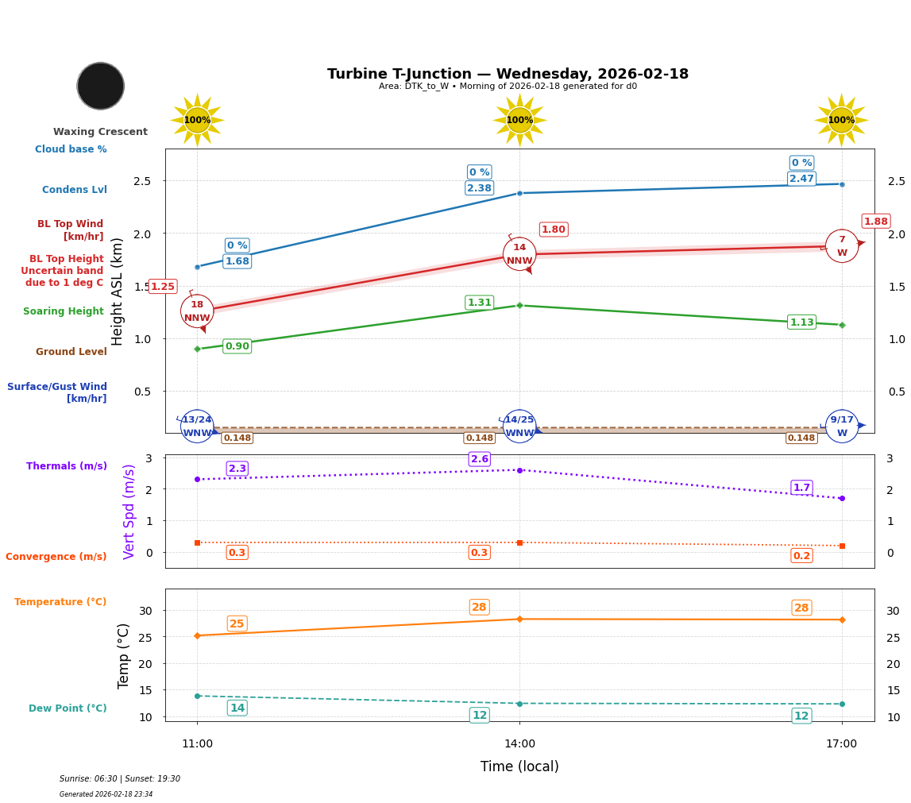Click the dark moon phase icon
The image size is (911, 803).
101,86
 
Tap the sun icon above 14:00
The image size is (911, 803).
519,120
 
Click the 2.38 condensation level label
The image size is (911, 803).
479,188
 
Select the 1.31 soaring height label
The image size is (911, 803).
479,303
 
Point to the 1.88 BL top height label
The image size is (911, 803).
875,222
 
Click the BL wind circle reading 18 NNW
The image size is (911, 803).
197,311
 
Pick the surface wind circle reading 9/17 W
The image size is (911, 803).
842,427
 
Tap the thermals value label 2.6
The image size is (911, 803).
479,459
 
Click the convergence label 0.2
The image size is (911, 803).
801,556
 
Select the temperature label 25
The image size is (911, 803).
237,623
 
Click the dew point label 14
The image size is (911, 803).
237,708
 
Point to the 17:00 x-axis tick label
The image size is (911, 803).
841,744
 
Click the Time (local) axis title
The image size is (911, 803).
519,766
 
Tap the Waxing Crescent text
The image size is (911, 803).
100,132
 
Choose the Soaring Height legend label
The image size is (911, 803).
64,311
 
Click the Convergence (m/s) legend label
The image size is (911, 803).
56,557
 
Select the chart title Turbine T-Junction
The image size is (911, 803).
508,74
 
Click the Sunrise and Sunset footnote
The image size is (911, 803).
120,779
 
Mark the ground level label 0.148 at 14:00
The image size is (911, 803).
479,438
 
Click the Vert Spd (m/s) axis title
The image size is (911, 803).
129,512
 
